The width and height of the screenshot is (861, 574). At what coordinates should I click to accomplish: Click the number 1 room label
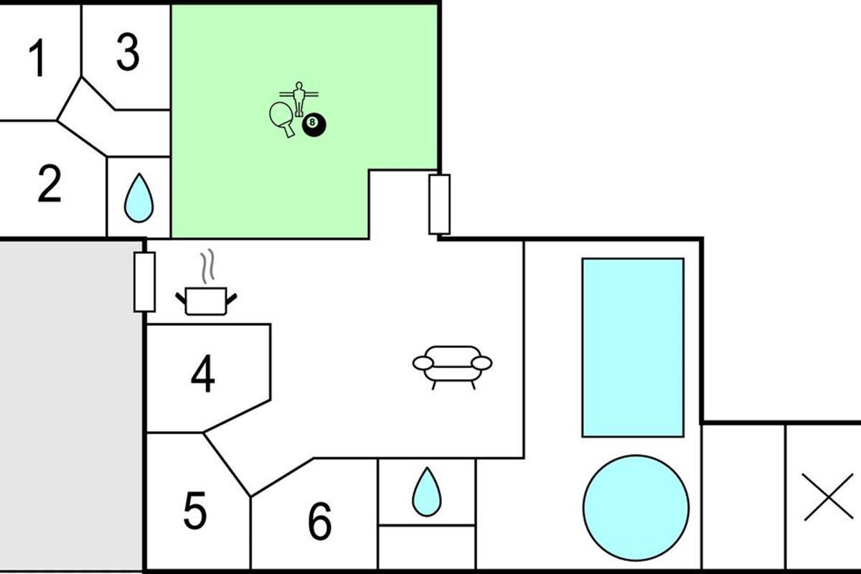tap(37, 59)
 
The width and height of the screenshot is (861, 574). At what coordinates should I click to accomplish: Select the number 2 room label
tap(49, 184)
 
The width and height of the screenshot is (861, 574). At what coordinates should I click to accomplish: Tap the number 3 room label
tap(127, 52)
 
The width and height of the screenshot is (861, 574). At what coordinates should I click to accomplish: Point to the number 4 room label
tap(203, 374)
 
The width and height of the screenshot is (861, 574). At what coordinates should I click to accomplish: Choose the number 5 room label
tap(194, 511)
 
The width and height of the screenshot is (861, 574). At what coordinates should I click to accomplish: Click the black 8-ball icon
tap(314, 125)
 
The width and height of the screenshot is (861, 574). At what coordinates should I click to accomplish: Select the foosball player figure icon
tap(297, 98)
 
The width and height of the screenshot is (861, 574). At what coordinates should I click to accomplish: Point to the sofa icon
tap(452, 364)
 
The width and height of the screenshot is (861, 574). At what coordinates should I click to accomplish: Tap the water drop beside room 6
tap(426, 491)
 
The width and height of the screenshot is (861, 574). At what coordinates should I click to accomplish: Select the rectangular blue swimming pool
tap(632, 347)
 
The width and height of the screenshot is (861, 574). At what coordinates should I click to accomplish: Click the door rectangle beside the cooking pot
tap(145, 281)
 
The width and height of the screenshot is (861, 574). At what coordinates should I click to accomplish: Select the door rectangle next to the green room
tap(439, 204)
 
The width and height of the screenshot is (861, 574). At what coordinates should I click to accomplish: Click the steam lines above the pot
tap(207, 265)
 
